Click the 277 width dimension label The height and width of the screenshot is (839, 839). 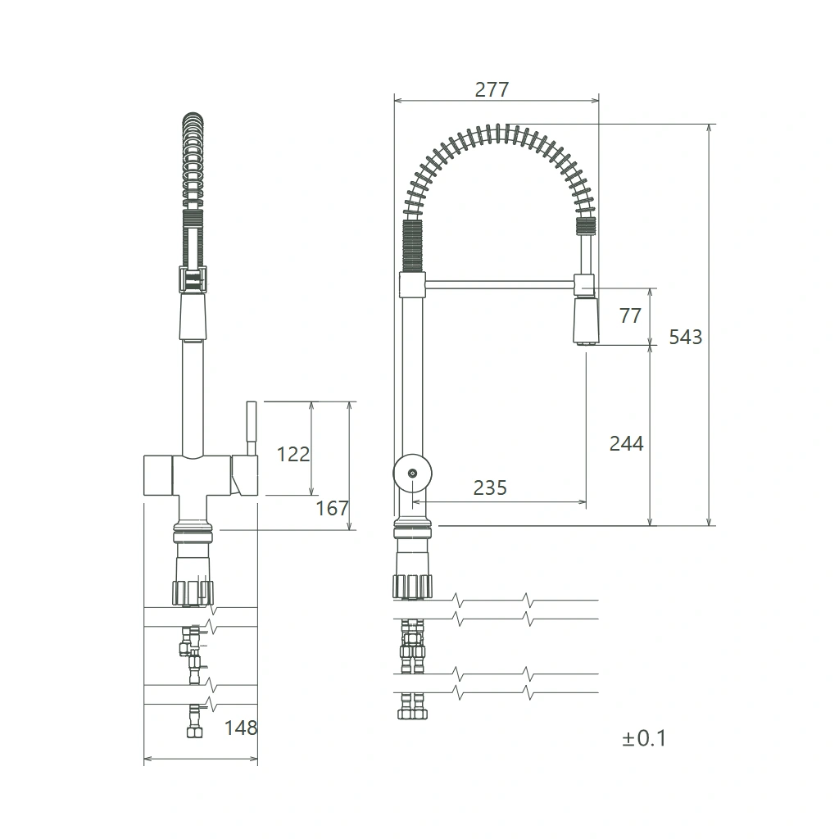(492, 89)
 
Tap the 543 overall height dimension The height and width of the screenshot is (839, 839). (686, 337)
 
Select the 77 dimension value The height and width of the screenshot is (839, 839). (630, 315)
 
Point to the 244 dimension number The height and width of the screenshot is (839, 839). (626, 443)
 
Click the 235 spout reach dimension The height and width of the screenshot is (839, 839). (490, 488)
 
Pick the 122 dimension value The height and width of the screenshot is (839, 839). (293, 454)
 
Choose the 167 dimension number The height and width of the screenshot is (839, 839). (332, 508)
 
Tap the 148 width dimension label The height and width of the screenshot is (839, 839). (241, 728)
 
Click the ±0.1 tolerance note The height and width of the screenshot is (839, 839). (644, 738)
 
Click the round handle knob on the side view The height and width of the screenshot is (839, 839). (412, 474)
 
